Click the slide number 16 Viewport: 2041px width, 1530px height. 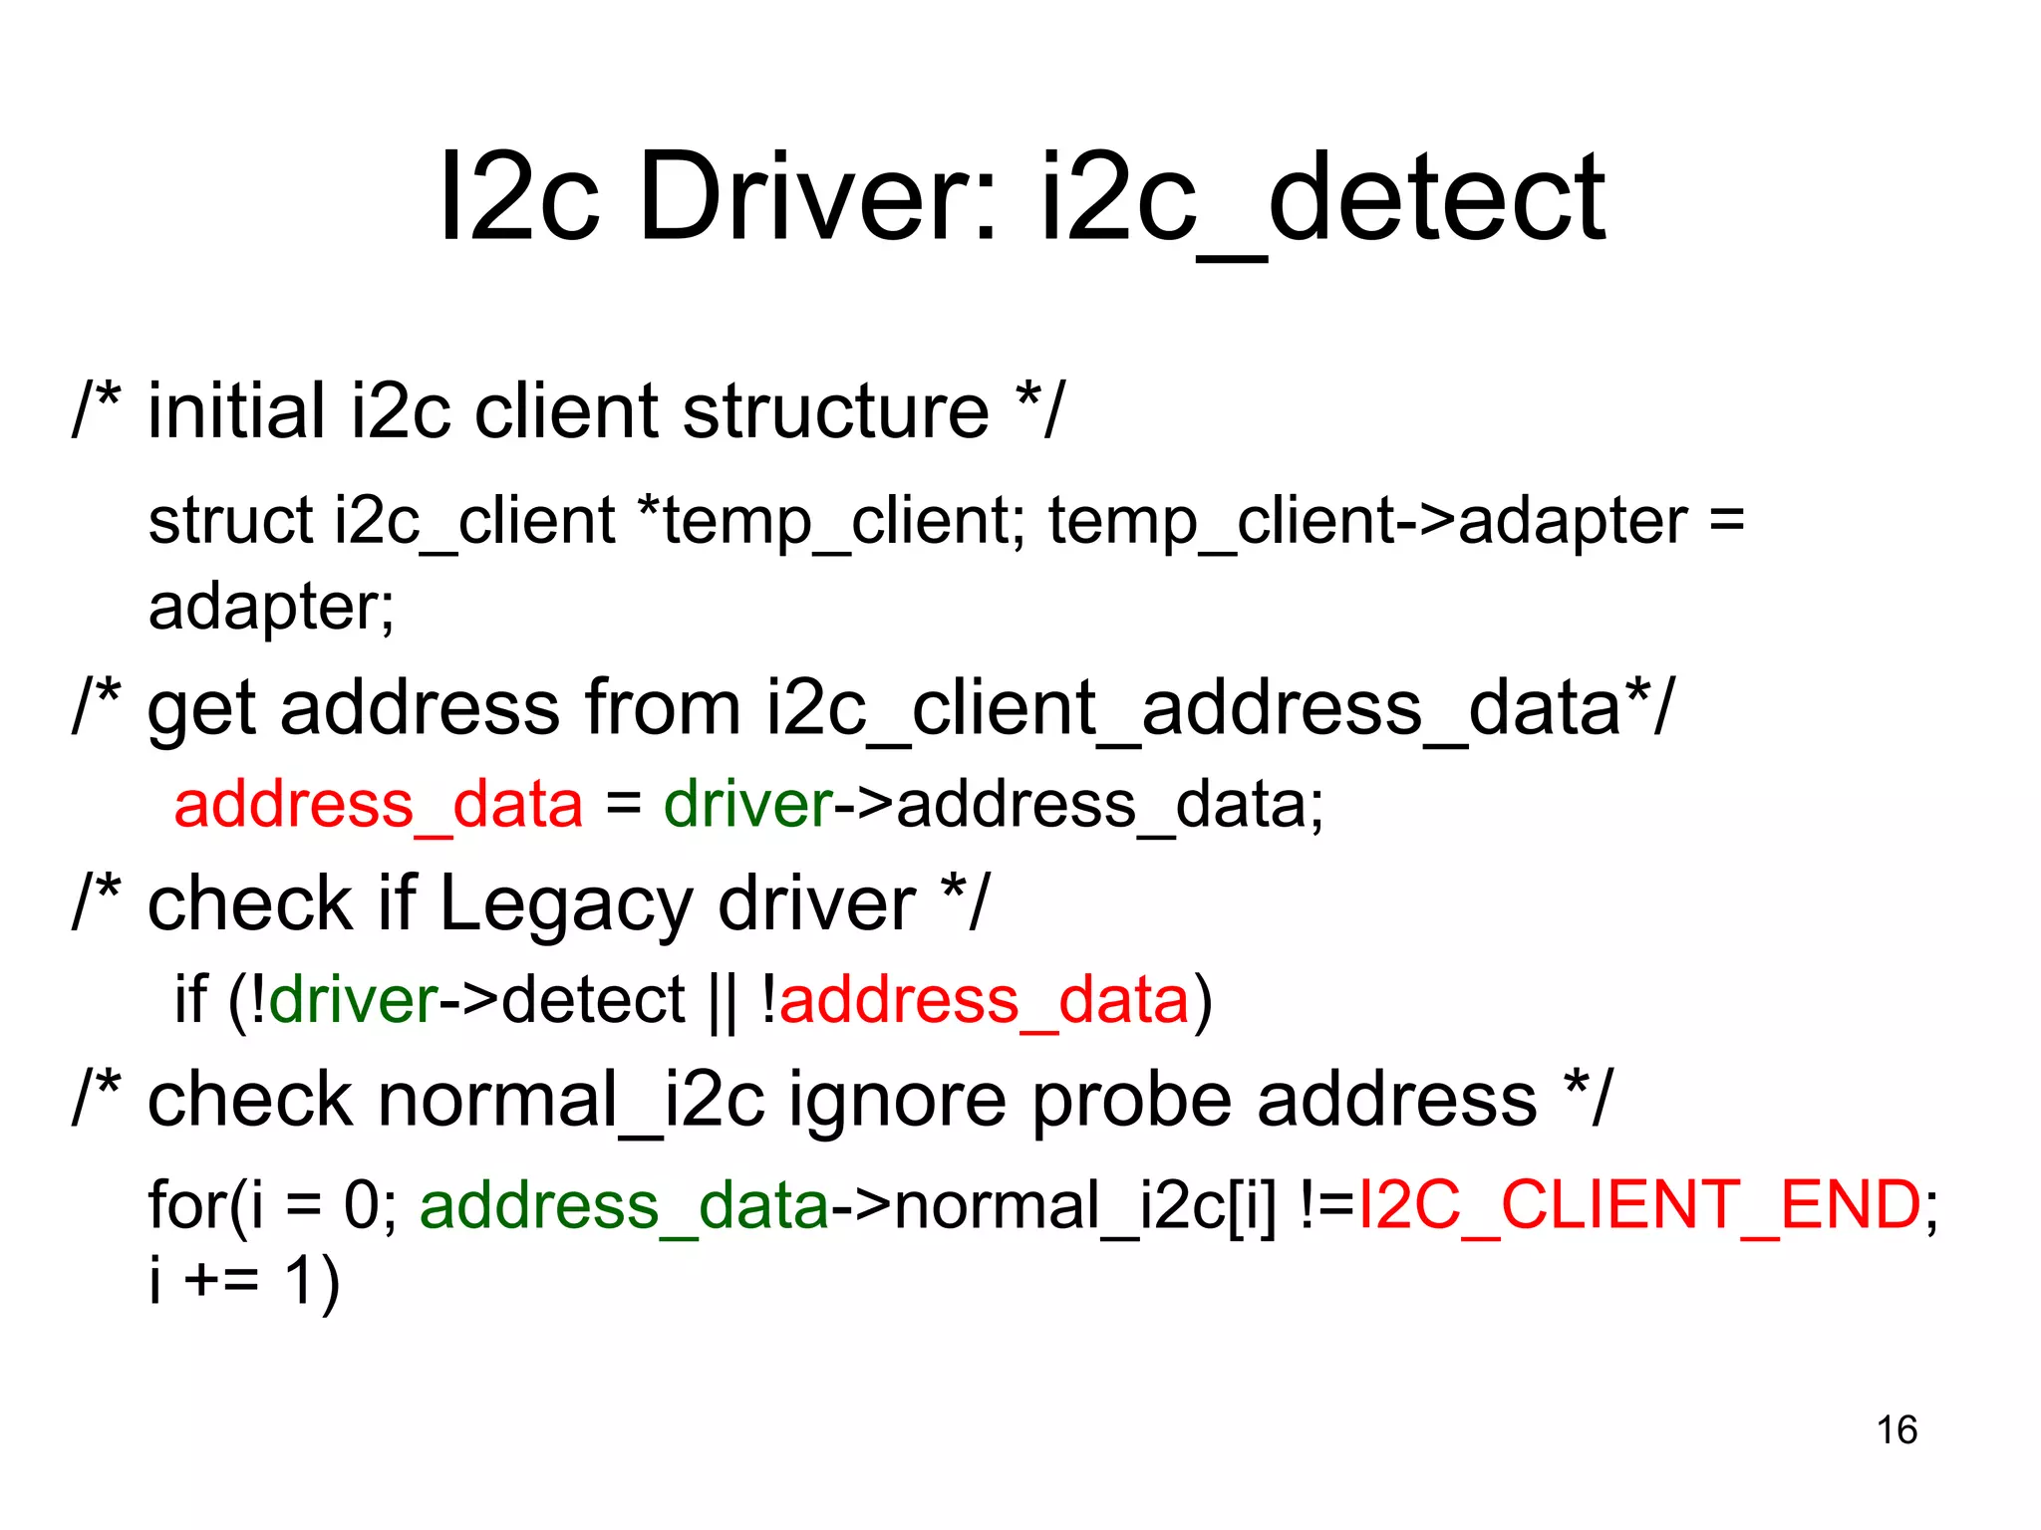click(1896, 1429)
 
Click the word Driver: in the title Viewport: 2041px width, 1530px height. click(817, 196)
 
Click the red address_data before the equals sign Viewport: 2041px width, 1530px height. click(378, 804)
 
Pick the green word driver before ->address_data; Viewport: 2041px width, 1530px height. click(747, 804)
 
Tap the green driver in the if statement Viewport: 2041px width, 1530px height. click(353, 999)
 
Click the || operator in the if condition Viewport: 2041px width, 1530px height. click(723, 1001)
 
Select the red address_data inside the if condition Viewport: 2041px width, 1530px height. click(984, 999)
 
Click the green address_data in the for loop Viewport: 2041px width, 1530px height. click(624, 1205)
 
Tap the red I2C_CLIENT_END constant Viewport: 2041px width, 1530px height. click(1639, 1205)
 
